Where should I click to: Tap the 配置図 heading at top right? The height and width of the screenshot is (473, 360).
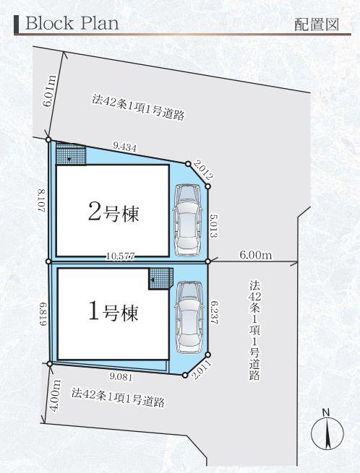pos(316,24)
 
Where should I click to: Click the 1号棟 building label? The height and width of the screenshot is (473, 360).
pos(113,313)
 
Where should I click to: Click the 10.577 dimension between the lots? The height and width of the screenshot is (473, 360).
pos(119,256)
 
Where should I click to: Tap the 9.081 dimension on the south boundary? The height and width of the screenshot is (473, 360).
pos(122,376)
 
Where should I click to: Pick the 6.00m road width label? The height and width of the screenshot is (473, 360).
pos(255,255)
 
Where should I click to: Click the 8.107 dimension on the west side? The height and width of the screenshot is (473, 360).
pos(43,200)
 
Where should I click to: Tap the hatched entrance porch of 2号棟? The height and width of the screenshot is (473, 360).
pos(71,155)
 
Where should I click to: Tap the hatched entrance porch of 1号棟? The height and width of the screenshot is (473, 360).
pos(161,278)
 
